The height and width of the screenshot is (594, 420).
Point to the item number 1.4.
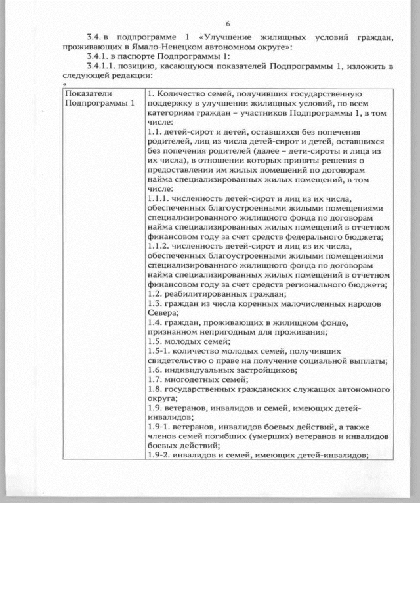pyautogui.click(x=155, y=322)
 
